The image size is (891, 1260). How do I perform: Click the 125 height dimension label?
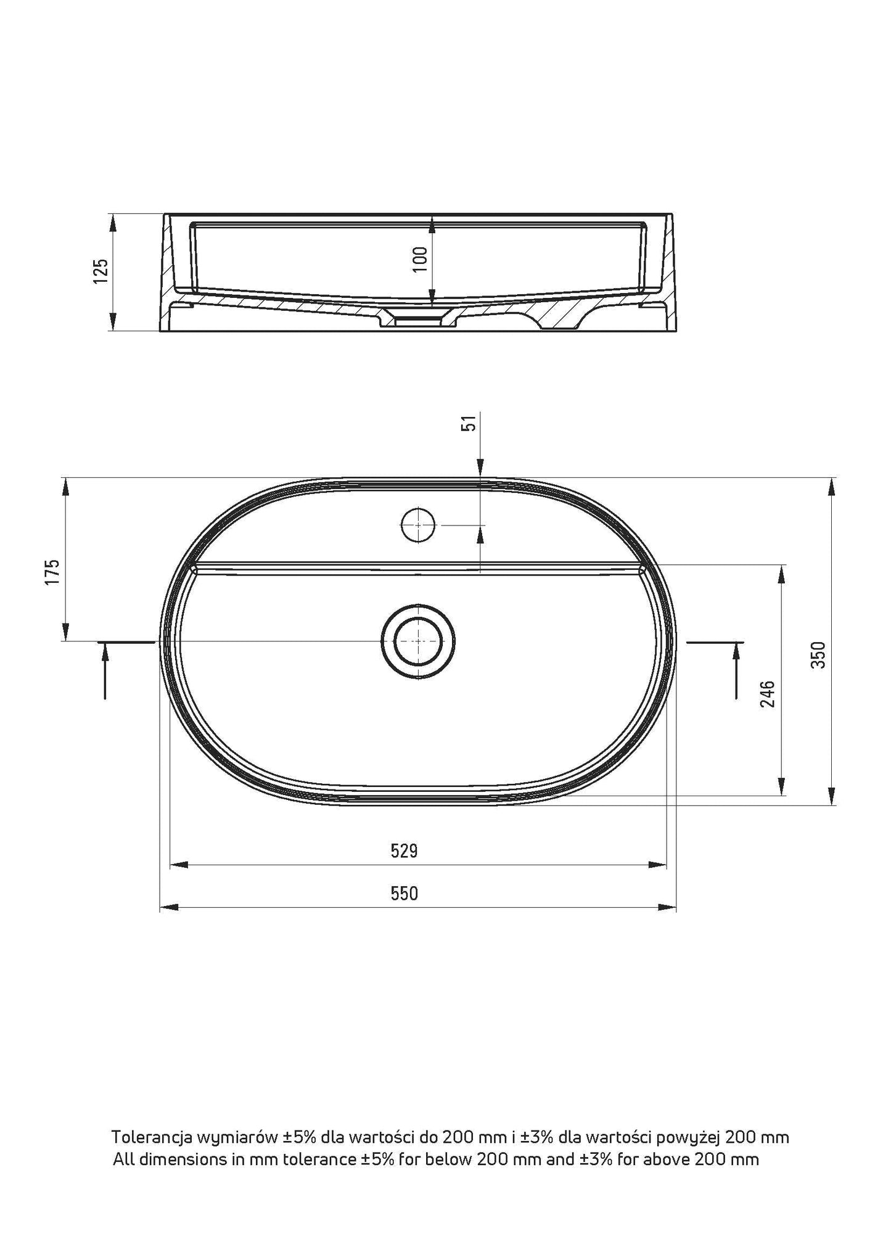pos(101,271)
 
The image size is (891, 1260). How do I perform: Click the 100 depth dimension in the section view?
pos(421,259)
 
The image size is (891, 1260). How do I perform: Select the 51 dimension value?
pos(470,423)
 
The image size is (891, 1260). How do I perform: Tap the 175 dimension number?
pos(52,572)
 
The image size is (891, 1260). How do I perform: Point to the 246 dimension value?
pos(768,694)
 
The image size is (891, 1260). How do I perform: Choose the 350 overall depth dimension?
pos(818,655)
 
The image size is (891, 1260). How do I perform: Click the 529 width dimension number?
pos(404,851)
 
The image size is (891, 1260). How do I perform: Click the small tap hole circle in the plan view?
pos(417,525)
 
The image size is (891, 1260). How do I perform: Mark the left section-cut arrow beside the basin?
pos(105,669)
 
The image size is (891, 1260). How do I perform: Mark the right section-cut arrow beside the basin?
pos(736,669)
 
